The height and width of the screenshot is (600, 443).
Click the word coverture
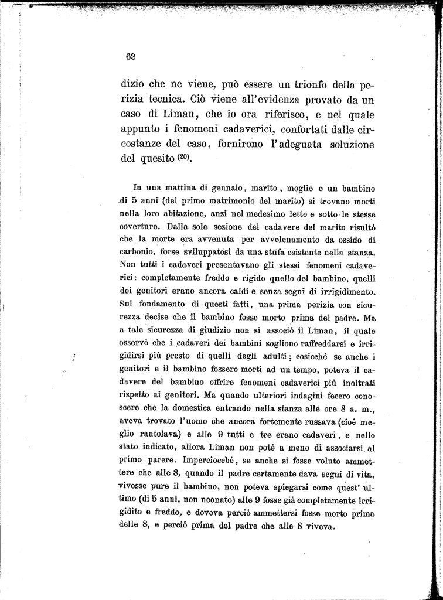click(x=140, y=227)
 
